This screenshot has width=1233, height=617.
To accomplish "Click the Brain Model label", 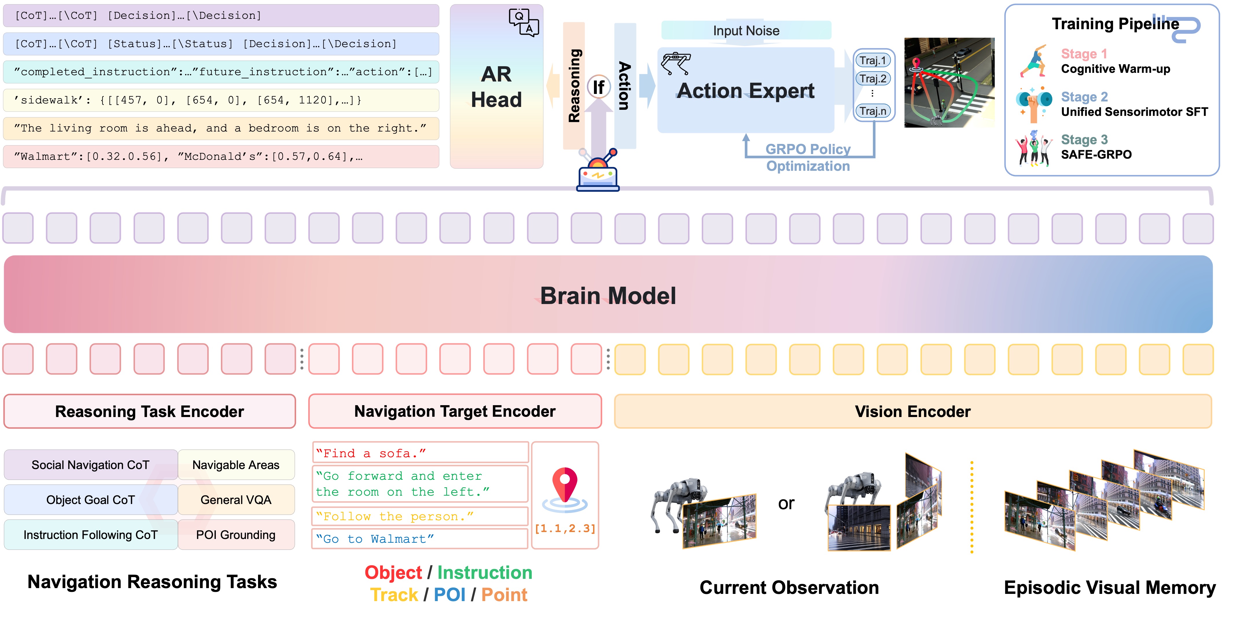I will pos(608,296).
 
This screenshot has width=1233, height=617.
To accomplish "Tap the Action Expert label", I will pos(745,90).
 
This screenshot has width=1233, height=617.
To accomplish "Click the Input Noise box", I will pos(746,31).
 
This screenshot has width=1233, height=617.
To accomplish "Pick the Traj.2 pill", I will pos(873,78).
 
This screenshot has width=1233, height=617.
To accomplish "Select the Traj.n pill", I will pos(873,111).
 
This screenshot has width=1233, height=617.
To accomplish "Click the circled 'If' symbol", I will pos(598,87).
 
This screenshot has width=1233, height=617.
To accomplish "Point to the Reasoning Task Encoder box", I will pos(149,411).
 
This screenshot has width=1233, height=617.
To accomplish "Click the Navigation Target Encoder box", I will pos(455,411).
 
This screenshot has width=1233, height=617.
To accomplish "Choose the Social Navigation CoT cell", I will pos(91,465).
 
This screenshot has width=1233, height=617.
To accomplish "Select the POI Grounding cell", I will pos(236,535).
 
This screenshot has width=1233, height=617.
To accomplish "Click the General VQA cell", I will pos(236,500).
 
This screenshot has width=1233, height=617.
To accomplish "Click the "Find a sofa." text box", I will pos(420,453).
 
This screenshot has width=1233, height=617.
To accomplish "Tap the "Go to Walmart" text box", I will pos(420,539).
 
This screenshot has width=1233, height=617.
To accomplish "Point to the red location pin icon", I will pos(565,484).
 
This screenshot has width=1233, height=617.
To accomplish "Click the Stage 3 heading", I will pos(1084,140).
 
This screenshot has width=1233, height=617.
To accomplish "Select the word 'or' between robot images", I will pos(786,503).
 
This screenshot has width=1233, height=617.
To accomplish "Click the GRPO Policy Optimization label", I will pos(808,158).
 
